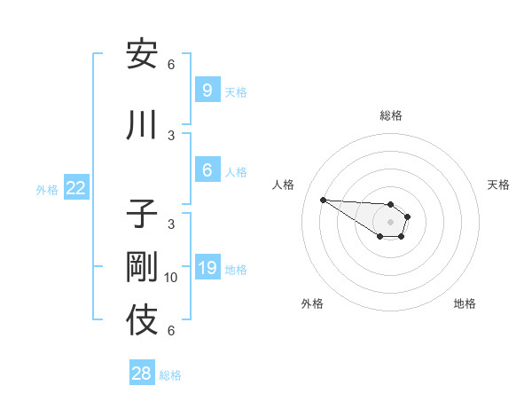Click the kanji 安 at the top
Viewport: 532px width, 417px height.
tap(142, 55)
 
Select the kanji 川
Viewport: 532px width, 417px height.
tap(142, 127)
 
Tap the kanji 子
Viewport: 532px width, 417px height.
tap(142, 215)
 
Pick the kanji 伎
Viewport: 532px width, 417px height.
tap(142, 320)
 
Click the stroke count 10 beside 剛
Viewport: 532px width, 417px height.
tap(171, 278)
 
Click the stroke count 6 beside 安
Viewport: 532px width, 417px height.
tap(171, 65)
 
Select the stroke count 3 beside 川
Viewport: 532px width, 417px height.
tap(171, 136)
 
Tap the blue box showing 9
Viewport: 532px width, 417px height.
tap(207, 90)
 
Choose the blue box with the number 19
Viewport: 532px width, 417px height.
tap(207, 267)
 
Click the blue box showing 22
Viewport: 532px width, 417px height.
tap(76, 188)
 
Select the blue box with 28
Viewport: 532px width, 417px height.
tap(142, 374)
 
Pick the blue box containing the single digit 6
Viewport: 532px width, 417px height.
tap(207, 170)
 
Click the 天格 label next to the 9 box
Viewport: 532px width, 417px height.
tap(236, 91)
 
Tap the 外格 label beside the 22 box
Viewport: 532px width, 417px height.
tap(47, 189)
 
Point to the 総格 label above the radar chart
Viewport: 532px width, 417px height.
tap(391, 115)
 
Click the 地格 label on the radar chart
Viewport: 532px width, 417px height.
tap(465, 303)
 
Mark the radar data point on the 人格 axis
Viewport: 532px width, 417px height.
tap(323, 200)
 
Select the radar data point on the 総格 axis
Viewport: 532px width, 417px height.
tap(390, 205)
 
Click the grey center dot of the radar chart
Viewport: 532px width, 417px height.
tap(390, 221)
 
